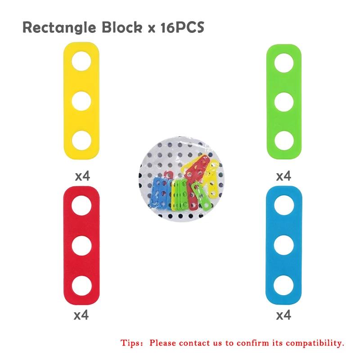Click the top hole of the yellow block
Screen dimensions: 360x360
[81, 61]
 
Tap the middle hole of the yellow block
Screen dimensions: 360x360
[81, 101]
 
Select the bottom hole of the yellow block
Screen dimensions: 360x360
[81, 140]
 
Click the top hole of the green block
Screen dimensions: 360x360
[284, 63]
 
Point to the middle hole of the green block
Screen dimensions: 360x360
[284, 102]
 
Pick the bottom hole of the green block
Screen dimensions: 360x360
[284, 140]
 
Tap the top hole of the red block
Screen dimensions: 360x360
[81, 206]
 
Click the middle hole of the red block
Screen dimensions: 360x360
[81, 245]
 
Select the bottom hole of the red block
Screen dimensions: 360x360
[81, 286]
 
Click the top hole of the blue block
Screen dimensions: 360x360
[284, 205]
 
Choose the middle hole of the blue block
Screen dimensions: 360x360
[284, 245]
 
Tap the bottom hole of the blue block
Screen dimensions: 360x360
[284, 285]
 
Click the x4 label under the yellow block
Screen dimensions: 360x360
[82, 176]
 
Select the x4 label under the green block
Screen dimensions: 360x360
[283, 176]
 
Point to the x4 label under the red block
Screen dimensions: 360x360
[81, 315]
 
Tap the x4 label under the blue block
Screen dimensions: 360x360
[283, 315]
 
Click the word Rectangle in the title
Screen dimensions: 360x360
[59, 28]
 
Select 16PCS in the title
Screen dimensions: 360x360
[182, 27]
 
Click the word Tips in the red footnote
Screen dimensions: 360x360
[130, 343]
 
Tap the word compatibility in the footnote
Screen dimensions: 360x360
[315, 343]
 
